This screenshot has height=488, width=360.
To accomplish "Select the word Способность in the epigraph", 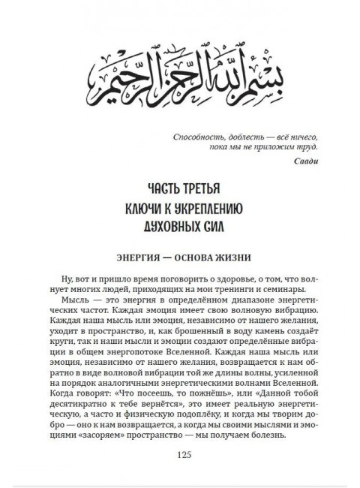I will tap(198, 138).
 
